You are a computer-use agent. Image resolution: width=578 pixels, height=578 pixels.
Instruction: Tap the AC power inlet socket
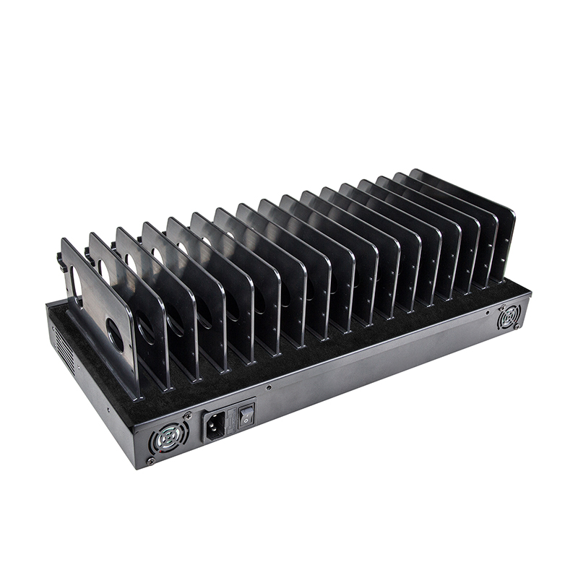point(215,424)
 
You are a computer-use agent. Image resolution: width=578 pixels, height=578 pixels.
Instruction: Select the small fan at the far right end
point(509,316)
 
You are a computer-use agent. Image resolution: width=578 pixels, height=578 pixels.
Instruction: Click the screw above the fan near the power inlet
point(188,415)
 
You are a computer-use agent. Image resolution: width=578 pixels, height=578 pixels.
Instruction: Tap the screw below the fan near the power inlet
point(150,460)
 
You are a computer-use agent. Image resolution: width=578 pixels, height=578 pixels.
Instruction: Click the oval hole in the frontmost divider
point(114,335)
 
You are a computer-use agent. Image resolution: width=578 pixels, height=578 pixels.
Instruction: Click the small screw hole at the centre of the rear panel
point(269,387)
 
